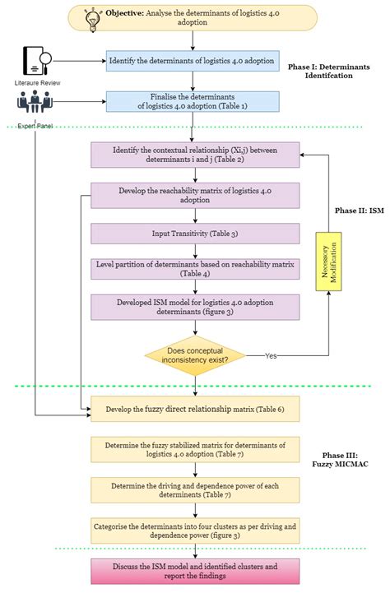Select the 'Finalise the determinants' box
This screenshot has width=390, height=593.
(193, 102)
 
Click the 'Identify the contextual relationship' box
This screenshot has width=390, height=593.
(195, 154)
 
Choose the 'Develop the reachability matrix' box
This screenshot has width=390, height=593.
(195, 194)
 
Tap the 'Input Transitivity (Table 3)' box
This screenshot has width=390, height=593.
(195, 234)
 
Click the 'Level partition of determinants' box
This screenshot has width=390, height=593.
(195, 269)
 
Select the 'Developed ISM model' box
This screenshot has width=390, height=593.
(195, 306)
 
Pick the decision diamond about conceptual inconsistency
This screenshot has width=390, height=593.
(195, 354)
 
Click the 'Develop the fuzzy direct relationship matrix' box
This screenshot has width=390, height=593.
(195, 408)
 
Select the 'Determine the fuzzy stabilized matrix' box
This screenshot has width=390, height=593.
(195, 449)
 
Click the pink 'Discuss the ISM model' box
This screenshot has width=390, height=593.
(195, 570)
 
